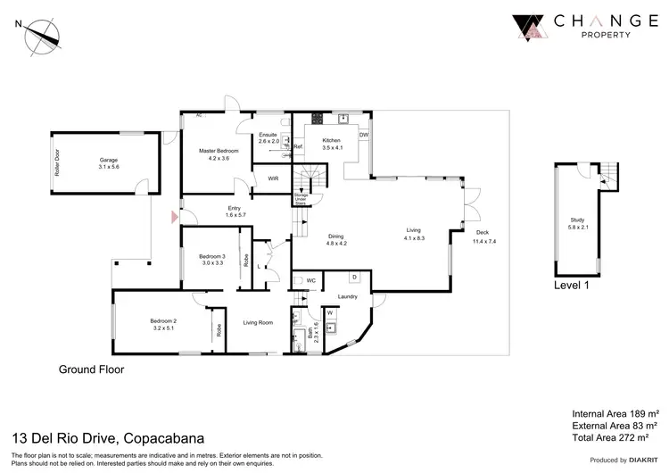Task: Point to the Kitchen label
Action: pyautogui.click(x=331, y=140)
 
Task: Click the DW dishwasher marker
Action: pyautogui.click(x=364, y=135)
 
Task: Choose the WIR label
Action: pyautogui.click(x=274, y=178)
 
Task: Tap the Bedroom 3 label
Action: pyautogui.click(x=216, y=257)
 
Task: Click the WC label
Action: pyautogui.click(x=311, y=281)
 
